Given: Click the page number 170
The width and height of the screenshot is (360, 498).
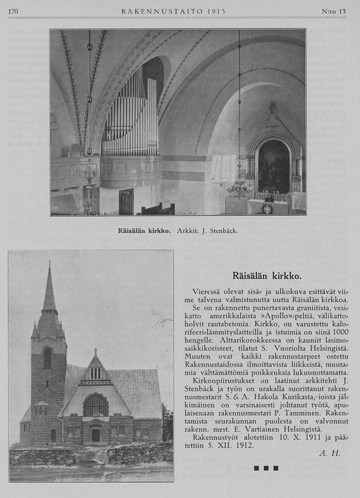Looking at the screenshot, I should click(x=13, y=11).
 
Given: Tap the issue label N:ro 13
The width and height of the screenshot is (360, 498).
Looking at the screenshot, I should click(x=333, y=11).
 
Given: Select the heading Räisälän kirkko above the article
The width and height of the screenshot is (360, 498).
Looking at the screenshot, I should click(x=267, y=275).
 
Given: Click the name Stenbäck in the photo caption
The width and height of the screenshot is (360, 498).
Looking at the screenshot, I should click(x=223, y=230).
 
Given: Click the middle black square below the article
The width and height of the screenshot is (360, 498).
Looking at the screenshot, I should click(x=266, y=468).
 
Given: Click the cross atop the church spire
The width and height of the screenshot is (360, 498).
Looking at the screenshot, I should click(x=49, y=265).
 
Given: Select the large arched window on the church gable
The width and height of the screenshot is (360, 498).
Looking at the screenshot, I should click(x=96, y=406).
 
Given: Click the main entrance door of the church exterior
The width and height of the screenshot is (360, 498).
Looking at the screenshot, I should click(x=96, y=435).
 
